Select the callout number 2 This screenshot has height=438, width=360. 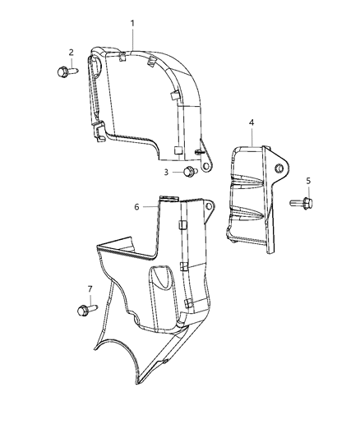(x=71, y=53)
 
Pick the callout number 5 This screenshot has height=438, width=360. (x=308, y=180)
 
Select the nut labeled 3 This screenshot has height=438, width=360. (x=188, y=172)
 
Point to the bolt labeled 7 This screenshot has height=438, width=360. (x=85, y=310)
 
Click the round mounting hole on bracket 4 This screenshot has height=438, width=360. (x=279, y=169)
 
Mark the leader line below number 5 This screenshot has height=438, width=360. (x=308, y=191)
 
